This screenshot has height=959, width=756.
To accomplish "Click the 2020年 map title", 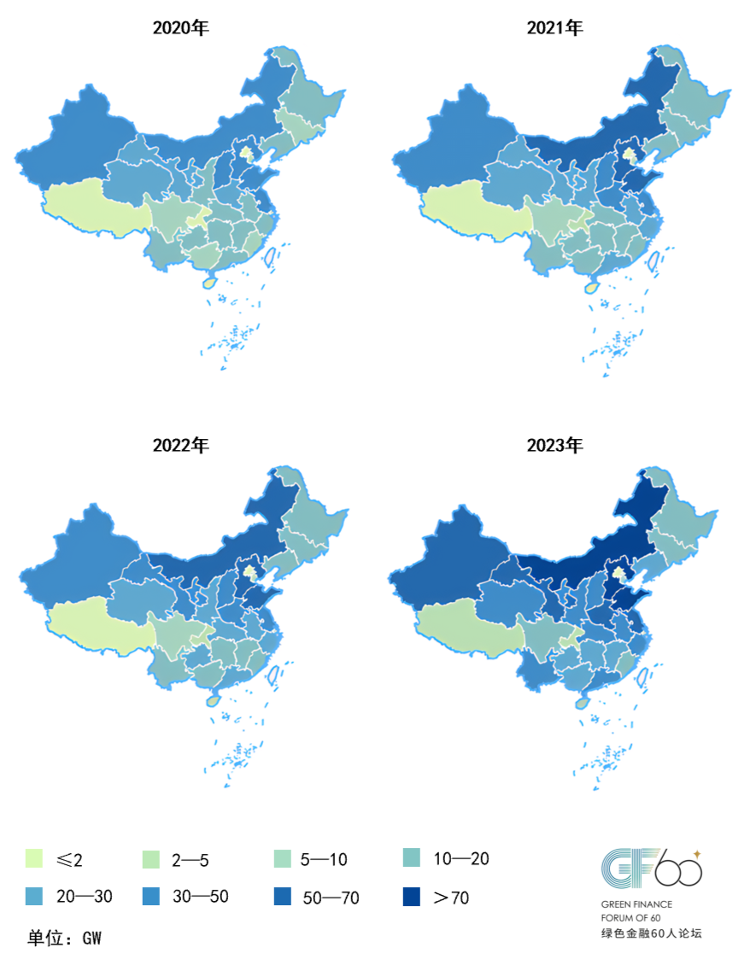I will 180,28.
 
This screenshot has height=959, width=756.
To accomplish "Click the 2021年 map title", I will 554,28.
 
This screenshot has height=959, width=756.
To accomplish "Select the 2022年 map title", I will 180,445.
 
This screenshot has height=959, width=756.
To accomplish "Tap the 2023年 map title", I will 554,445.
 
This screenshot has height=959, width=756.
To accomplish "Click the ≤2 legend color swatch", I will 35,858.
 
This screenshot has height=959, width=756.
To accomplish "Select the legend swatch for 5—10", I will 283,858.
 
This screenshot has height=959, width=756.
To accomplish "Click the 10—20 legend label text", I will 461,858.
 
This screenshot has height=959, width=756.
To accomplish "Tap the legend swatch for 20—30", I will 35,897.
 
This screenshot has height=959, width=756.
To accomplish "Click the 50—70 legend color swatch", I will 283,897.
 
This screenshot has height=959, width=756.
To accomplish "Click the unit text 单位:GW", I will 65,938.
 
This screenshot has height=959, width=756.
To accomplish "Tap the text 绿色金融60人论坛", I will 650,933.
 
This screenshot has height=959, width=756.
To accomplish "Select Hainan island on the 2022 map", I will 214,699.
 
